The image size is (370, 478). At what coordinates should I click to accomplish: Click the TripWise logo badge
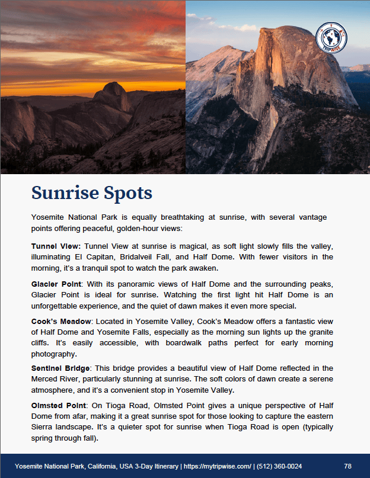[332, 38]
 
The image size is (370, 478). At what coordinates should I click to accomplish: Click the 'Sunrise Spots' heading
[91, 193]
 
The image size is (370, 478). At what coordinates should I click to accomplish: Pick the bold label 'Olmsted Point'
[58, 406]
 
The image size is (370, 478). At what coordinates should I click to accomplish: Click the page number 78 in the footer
[347, 466]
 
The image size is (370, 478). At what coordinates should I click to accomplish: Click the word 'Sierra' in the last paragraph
[43, 428]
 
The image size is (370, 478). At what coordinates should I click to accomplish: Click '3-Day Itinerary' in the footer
[149, 466]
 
